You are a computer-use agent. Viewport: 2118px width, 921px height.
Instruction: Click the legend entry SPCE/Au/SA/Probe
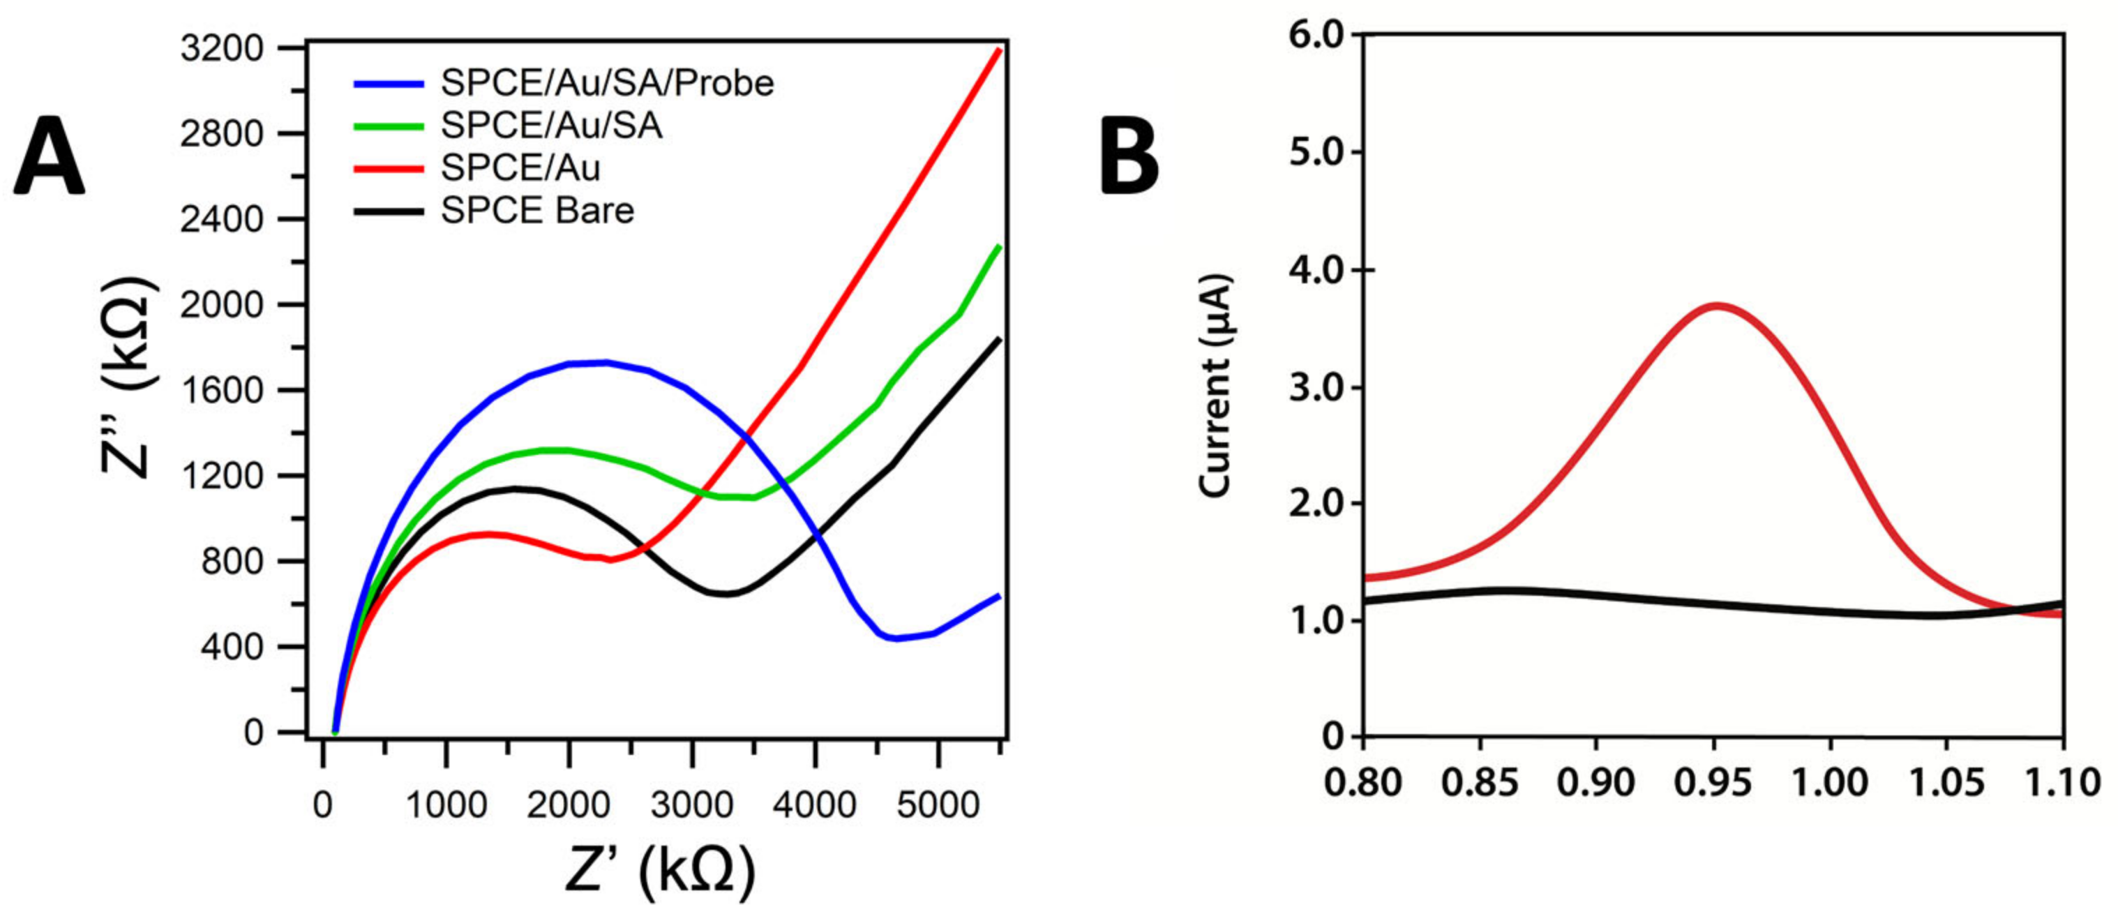[607, 83]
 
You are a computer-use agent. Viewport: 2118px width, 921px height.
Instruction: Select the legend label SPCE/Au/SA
[551, 126]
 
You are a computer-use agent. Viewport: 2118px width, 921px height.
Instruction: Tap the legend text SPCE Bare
[537, 211]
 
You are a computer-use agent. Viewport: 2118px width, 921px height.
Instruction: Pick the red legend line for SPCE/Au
[388, 169]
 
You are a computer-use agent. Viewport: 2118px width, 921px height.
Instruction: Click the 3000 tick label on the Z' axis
[691, 805]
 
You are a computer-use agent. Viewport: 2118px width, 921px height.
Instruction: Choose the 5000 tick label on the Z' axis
[938, 805]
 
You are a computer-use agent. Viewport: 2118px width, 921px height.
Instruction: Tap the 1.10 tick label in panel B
[2062, 782]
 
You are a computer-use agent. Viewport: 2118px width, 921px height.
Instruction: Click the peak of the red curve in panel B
[1717, 306]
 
